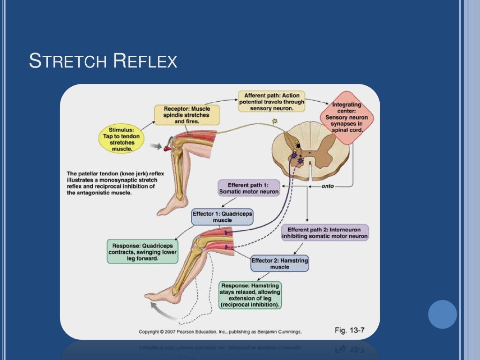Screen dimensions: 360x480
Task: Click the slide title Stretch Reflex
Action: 103,61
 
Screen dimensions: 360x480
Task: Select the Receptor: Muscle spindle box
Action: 182,115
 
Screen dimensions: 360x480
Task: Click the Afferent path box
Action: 271,102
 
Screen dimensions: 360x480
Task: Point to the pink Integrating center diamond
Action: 346,117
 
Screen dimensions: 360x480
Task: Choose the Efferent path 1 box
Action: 249,187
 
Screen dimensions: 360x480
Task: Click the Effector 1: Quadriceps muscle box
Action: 223,217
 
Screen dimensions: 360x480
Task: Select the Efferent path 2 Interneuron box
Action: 325,233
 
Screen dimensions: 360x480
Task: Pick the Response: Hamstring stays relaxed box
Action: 250,295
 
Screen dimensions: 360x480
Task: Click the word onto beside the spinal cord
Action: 328,186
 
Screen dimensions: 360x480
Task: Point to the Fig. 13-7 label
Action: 350,330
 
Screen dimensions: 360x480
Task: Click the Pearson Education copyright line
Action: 220,331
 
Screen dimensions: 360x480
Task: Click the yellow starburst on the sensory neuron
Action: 275,122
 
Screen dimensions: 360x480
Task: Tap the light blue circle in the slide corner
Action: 442,314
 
